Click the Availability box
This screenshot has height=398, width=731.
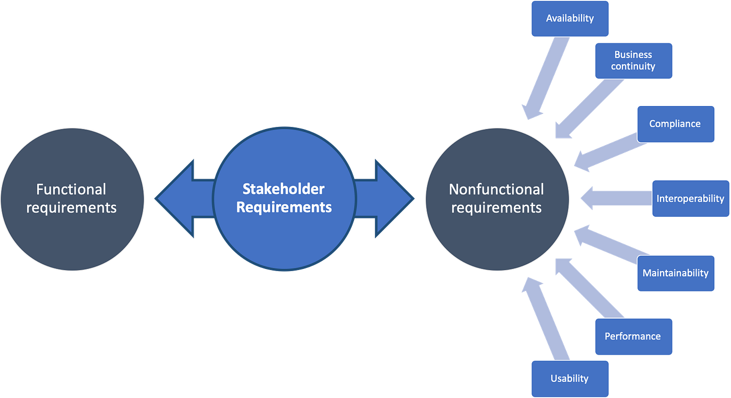coord(570,19)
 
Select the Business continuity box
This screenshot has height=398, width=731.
coord(633,61)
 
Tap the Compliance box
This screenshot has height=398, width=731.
coord(675,124)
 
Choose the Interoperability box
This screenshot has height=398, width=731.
coord(690,198)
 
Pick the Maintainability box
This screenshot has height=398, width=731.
coord(675,273)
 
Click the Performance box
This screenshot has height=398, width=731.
coord(632,336)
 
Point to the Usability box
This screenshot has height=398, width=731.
coord(569,379)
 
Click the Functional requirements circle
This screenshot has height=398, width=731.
coord(72,198)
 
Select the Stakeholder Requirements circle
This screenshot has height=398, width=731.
coord(284,198)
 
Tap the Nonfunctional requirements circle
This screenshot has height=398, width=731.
coord(497,198)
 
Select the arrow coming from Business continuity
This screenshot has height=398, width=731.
coord(585,110)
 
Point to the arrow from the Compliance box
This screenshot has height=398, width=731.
coord(606,154)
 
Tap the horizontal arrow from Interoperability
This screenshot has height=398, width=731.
coord(616,198)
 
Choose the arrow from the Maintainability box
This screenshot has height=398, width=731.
coord(606,243)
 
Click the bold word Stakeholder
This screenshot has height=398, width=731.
coord(284,189)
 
